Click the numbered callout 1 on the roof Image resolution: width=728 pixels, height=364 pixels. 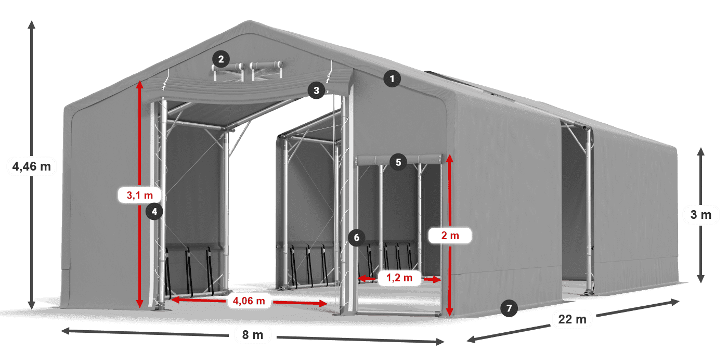[x=392, y=79]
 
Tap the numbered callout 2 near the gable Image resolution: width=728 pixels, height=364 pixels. [x=221, y=59]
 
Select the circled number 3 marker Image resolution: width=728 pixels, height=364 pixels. [x=316, y=90]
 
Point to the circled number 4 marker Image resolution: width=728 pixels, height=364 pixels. [x=154, y=211]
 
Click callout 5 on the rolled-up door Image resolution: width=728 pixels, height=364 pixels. [x=398, y=162]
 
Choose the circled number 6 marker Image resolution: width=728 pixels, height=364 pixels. [x=356, y=238]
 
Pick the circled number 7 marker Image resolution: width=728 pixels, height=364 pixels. [x=509, y=308]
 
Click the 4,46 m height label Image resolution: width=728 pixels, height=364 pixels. [x=31, y=167]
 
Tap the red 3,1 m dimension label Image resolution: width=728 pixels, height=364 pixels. [x=140, y=196]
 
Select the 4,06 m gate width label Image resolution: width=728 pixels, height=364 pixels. [x=249, y=300]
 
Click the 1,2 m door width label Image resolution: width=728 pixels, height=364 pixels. [x=399, y=279]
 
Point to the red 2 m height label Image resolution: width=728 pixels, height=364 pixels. [x=450, y=236]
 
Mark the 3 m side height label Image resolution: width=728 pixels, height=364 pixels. [x=700, y=214]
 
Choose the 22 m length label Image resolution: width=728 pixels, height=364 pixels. [x=573, y=319]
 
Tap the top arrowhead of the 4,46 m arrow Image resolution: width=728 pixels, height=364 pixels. [x=32, y=23]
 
